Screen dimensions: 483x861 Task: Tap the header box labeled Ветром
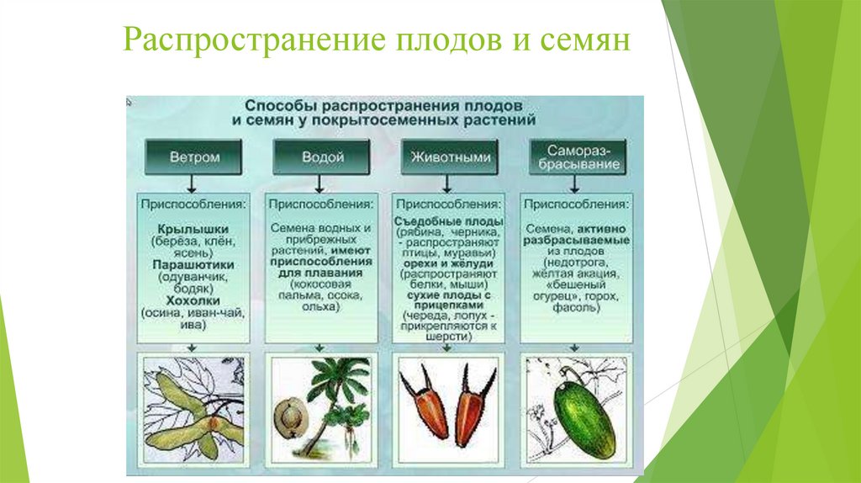(194, 157)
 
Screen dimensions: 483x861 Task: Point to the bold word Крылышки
(193, 229)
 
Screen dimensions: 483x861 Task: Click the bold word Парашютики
(193, 264)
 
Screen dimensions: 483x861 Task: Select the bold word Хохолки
(193, 300)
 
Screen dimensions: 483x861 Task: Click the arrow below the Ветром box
(193, 183)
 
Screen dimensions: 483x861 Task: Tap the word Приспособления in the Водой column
(321, 204)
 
